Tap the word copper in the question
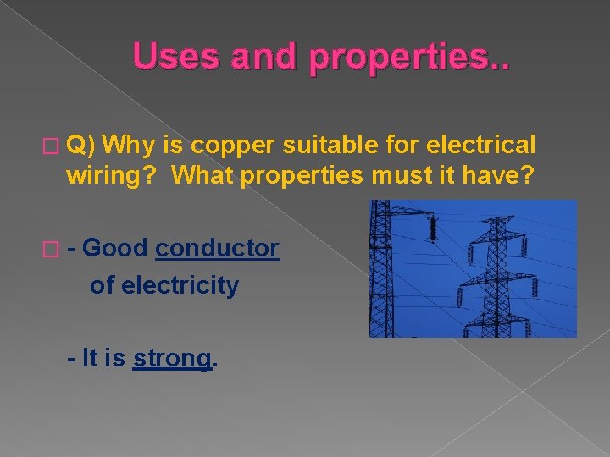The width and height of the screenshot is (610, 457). coord(229,145)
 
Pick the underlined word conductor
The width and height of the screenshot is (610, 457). coord(217,249)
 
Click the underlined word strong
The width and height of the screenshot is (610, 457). coord(172,358)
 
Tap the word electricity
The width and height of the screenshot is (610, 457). coord(180,285)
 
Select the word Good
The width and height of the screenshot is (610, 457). coord(116,249)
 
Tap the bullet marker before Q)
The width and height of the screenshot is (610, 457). coord(55,146)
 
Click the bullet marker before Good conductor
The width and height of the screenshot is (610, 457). coord(55,250)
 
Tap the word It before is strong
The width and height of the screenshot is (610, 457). coord(91,358)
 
